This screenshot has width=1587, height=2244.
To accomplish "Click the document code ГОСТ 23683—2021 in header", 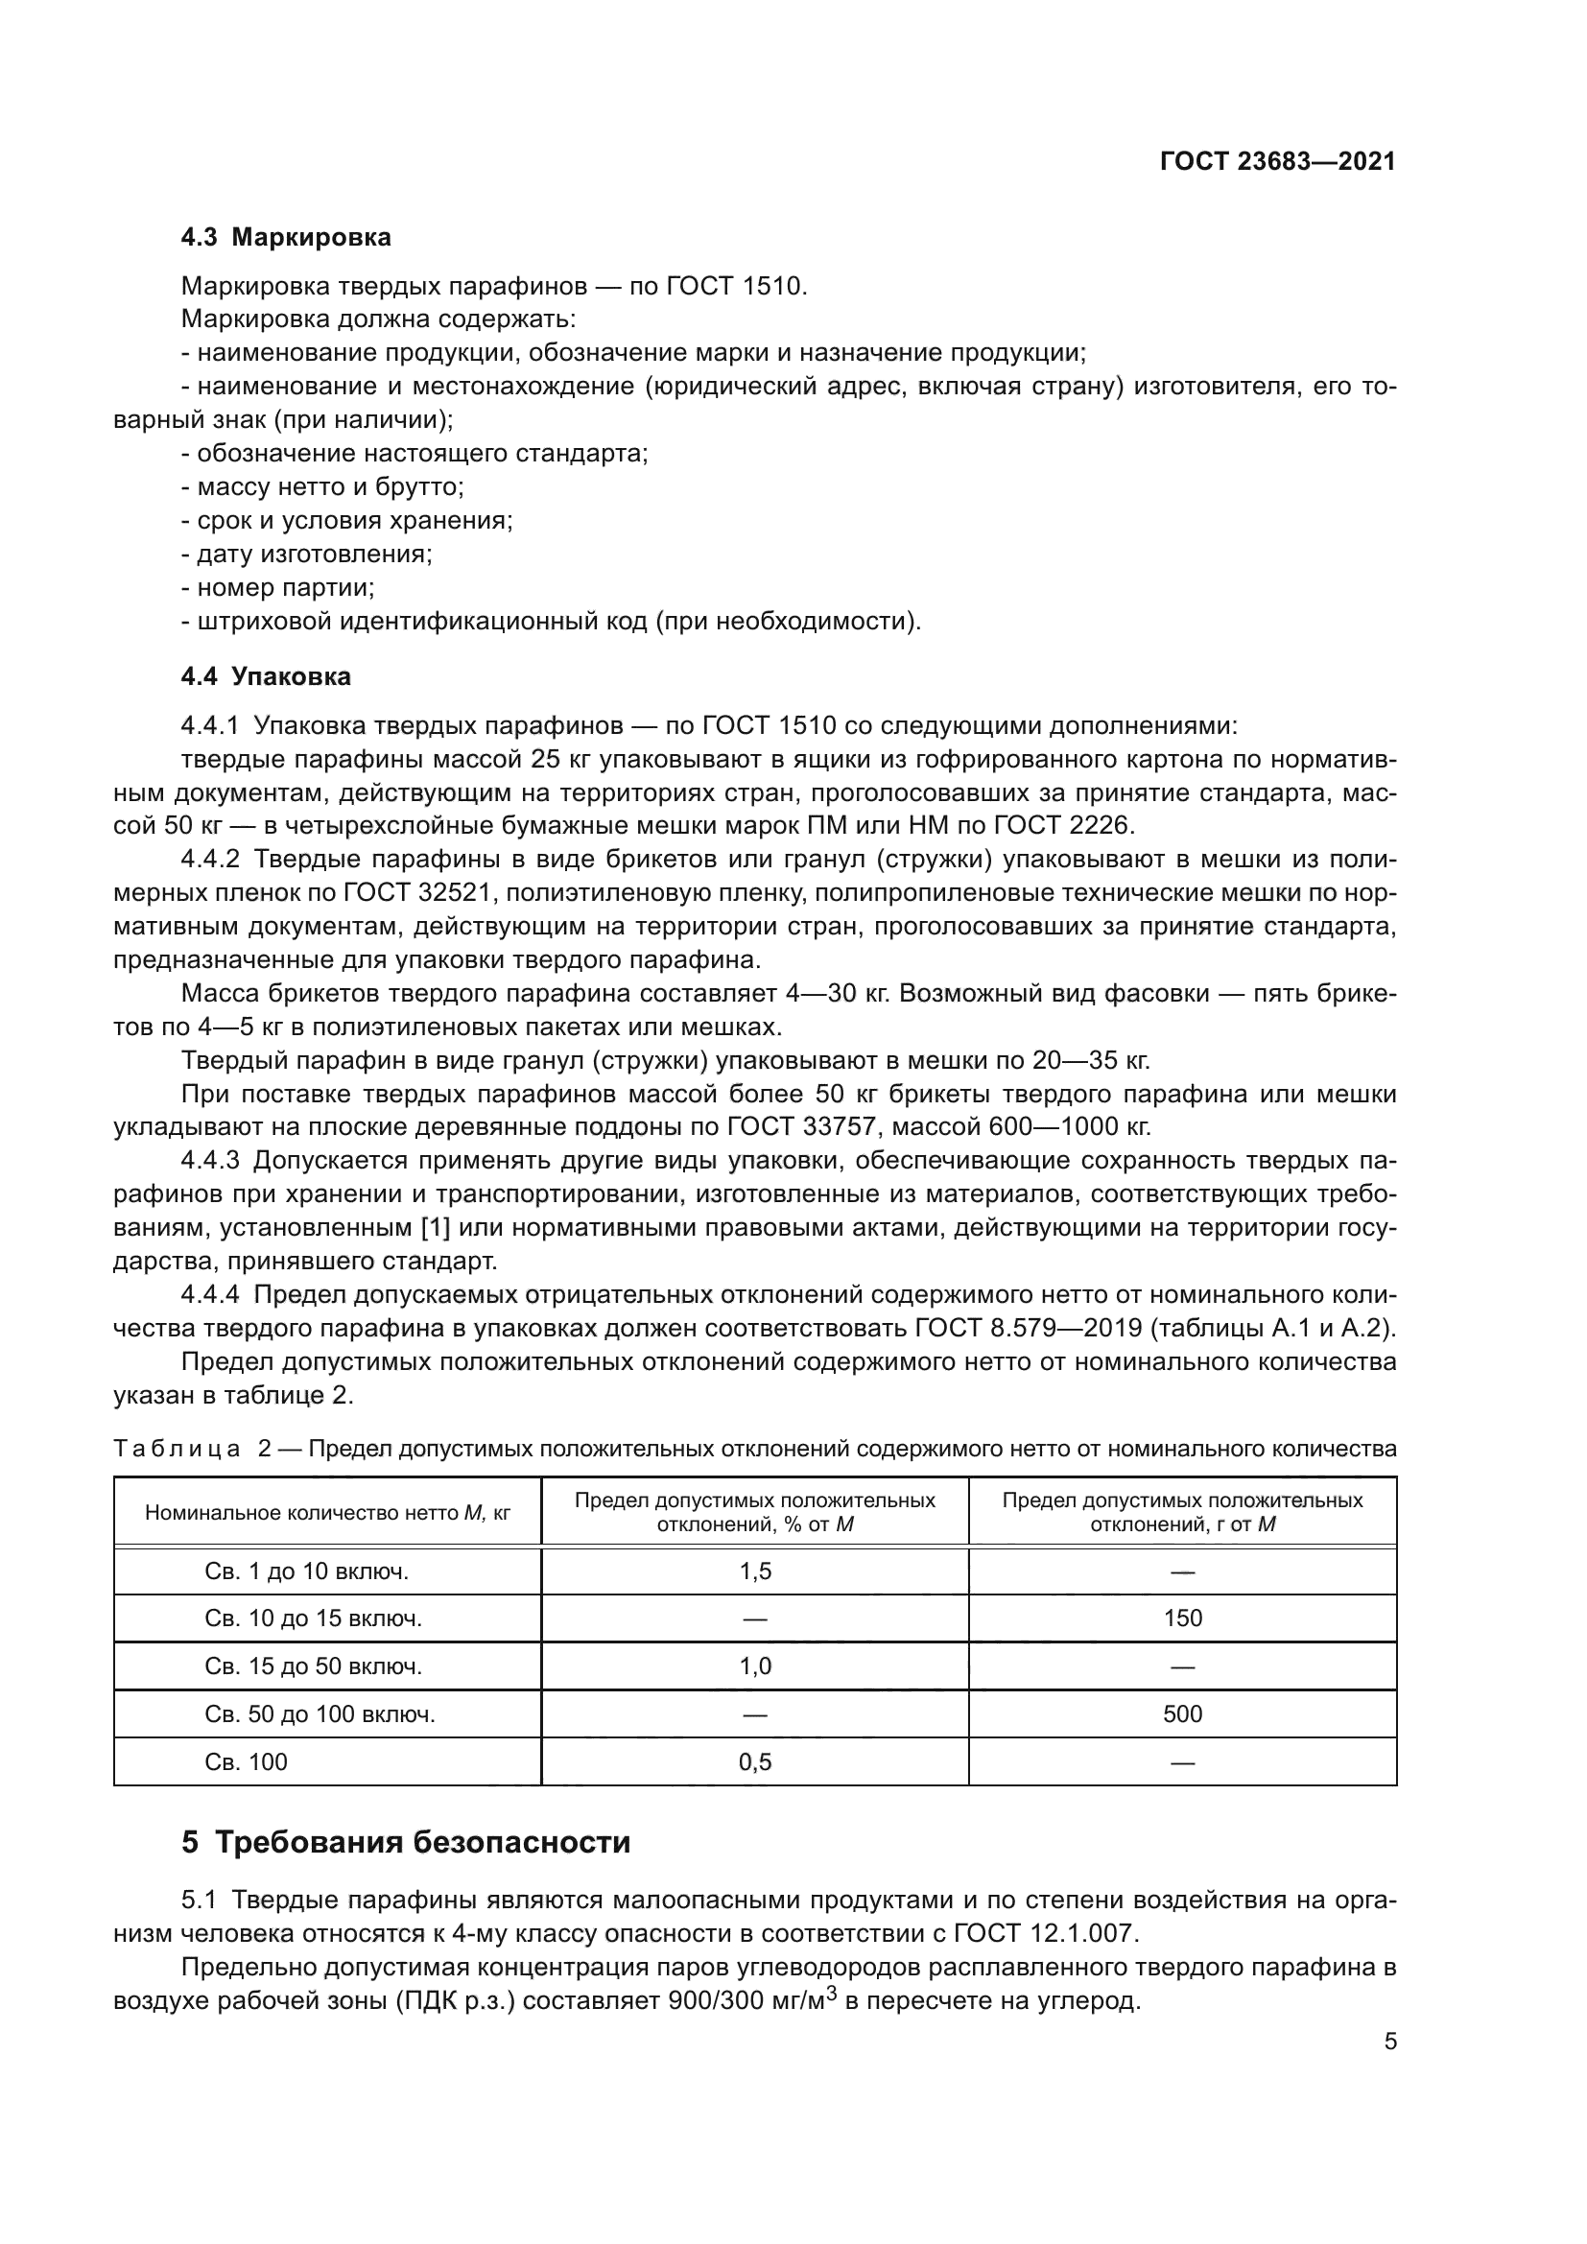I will pos(1277,162).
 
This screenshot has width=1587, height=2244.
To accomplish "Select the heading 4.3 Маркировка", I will pos(285,238).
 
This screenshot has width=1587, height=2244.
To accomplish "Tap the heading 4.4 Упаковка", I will pos(266,676).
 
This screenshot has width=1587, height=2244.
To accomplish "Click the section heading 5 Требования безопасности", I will pos(406,1842).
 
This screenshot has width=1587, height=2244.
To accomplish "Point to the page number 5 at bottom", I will pos(1389,2041).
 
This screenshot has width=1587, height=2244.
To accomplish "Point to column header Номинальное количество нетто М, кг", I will pos(327,1513).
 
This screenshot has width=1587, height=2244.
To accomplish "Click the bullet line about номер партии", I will pos(278,587).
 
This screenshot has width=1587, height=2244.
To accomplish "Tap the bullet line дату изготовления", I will pos(308,555).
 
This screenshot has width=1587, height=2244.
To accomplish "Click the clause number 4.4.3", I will pos(210,1160).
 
